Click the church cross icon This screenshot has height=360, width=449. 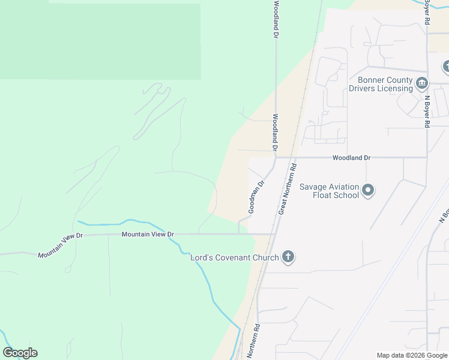[x=288, y=257]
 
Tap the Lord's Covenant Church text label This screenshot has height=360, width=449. [x=234, y=258]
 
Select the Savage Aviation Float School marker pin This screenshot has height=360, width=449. [x=369, y=191]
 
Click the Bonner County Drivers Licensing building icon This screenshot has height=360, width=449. [x=422, y=82]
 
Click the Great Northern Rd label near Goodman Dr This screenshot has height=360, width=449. [x=288, y=190]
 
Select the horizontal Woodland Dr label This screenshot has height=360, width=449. [x=352, y=157]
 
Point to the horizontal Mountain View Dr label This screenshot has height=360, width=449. [x=147, y=234]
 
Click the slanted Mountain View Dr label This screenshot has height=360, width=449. [x=59, y=245]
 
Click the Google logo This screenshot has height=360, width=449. [x=20, y=353]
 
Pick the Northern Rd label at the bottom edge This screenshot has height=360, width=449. [x=253, y=342]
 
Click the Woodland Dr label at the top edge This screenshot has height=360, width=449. [x=276, y=20]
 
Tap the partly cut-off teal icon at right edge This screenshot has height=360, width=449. [x=446, y=67]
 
